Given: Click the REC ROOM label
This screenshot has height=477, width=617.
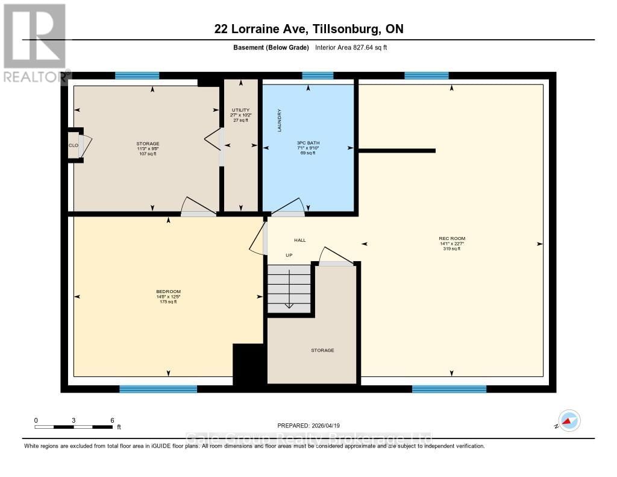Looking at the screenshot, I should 451,238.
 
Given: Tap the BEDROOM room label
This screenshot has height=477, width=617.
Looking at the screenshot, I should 168,291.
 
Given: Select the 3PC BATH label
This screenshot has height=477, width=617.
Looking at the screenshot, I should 307,143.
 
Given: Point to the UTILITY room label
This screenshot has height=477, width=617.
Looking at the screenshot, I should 240,110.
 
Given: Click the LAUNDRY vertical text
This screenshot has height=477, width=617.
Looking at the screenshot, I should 279,120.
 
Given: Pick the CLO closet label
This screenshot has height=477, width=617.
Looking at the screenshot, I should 73,145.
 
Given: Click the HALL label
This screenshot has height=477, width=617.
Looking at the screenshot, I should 300,240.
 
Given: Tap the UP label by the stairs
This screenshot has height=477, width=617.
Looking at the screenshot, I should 289,255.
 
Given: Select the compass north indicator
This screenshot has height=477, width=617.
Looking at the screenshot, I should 569,420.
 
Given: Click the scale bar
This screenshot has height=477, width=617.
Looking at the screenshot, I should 73,427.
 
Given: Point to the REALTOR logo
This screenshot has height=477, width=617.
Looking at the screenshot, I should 35,43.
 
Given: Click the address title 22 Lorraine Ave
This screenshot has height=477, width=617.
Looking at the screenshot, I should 308,28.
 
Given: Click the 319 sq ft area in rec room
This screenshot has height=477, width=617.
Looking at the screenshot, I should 451,248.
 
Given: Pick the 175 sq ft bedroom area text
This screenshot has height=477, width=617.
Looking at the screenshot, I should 168,302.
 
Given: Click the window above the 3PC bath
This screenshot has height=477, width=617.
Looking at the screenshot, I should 318,75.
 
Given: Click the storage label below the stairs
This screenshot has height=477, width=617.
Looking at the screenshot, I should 322,350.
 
